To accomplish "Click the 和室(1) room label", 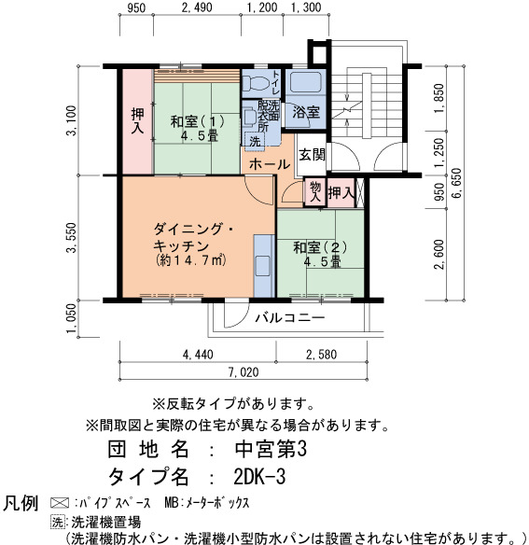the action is point(198,122).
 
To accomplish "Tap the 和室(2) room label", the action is point(320,247).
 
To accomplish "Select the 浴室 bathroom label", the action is point(306,112).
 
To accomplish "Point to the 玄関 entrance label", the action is point(313,155).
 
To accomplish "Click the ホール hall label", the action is point(270,164).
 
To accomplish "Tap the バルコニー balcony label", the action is point(290,317).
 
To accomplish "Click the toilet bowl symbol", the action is point(256,83).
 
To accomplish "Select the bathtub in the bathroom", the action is point(306,82).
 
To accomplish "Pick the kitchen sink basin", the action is point(263,267).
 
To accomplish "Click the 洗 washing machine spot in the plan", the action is point(255,142).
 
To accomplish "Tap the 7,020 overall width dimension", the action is point(244,372).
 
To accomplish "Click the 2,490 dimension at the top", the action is point(197,7).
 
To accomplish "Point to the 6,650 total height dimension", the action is point(457,183).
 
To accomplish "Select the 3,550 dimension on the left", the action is point(72,238).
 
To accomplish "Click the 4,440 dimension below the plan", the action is point(198,355).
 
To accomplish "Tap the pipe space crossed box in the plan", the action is point(360,193).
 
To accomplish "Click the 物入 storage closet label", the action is point(315,192).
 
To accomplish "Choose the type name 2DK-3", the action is point(260,477).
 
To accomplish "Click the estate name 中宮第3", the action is point(271,449).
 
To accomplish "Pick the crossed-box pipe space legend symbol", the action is point(60,503).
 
